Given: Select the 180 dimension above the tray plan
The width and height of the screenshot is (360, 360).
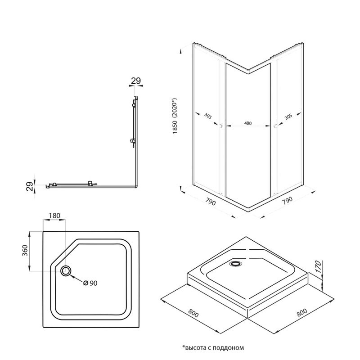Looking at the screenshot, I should point(54,216).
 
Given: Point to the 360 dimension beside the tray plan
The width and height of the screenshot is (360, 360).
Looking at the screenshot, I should point(24,251).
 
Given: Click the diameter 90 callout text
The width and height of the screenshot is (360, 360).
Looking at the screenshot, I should point(90,283).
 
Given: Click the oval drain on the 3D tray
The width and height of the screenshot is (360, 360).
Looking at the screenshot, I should point(235,264).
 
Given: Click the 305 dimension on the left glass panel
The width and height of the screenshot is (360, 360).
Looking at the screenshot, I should point(207,116).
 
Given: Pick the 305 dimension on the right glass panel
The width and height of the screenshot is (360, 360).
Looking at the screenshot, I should point(288,116).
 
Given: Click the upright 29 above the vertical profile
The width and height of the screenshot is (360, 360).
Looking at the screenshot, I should point(135,81).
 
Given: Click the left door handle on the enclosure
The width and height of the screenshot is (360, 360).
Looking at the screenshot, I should point(220,127).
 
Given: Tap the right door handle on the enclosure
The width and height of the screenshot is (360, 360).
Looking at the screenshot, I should point(274,127).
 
